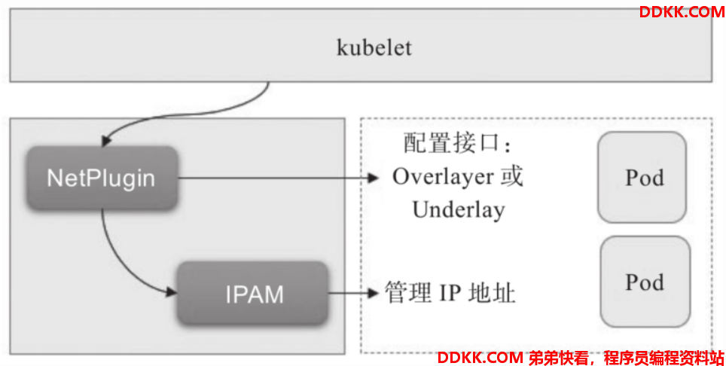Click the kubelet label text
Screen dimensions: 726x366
[x=374, y=47]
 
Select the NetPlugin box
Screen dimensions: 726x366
[x=102, y=178]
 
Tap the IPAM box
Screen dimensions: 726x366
[x=253, y=294]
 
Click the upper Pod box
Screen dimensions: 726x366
[x=642, y=177]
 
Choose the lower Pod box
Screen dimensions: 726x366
[x=645, y=282]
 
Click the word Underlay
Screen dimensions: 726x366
[x=459, y=210]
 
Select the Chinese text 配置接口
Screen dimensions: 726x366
[x=452, y=142]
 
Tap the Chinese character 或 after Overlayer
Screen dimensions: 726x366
[x=511, y=176]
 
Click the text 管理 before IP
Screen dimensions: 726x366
[x=408, y=293]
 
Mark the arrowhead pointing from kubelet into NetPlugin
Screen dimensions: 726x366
[x=106, y=141]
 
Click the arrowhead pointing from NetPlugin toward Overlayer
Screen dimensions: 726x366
[x=374, y=178]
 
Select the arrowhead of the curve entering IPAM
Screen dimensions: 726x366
[x=171, y=291]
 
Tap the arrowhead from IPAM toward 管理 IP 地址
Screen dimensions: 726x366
[x=374, y=293]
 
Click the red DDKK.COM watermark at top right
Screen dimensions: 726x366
[x=682, y=12]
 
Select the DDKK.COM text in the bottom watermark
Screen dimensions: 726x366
[x=480, y=358]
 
